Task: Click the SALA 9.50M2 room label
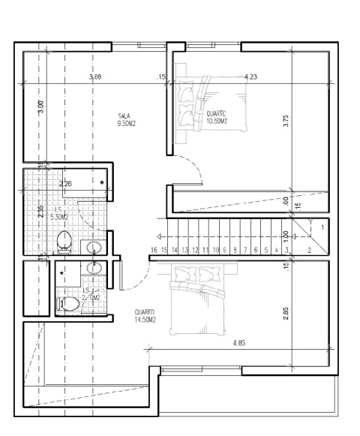coord(125,119)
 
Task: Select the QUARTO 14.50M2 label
coord(145,316)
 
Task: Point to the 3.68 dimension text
coord(94,77)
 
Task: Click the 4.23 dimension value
coord(252,77)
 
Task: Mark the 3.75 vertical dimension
coord(286,120)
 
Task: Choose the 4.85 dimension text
coord(239,343)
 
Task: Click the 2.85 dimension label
coord(286,314)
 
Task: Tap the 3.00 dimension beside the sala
coord(41,107)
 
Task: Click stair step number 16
coord(153,250)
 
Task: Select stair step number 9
coord(224,250)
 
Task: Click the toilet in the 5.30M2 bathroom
coord(65,242)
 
